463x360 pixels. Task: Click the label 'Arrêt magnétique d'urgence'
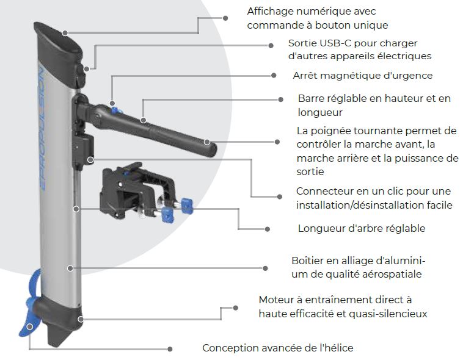[362, 76]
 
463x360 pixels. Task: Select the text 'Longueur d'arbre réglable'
[361, 228]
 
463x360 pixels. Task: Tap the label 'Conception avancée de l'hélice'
[277, 348]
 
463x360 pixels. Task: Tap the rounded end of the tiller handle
[208, 142]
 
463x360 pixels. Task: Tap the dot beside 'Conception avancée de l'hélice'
[170, 349]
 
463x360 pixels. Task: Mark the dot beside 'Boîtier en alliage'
[265, 268]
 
